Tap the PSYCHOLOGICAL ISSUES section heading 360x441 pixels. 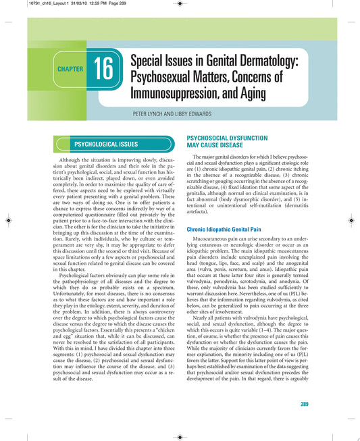click(105, 144)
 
